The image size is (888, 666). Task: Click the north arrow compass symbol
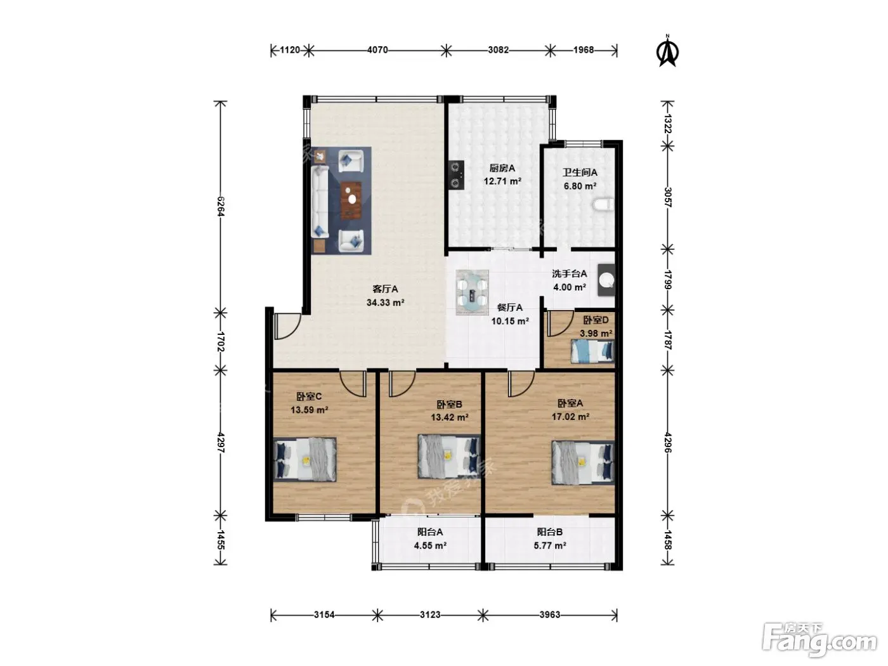[668, 51]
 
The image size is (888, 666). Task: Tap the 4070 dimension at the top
[377, 50]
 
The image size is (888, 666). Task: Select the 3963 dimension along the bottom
[549, 615]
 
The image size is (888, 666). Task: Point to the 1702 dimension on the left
[221, 341]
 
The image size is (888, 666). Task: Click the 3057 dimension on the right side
[667, 197]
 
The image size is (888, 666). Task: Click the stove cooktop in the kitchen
[456, 175]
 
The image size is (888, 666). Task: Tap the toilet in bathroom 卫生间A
[604, 205]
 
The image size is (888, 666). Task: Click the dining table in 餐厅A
[472, 292]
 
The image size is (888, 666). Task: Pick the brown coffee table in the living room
[351, 200]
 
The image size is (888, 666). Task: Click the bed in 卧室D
[592, 351]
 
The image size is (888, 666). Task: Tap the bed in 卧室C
[305, 459]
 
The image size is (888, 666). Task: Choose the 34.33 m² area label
[386, 303]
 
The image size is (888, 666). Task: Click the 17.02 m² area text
[570, 417]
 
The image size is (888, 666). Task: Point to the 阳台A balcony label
[430, 532]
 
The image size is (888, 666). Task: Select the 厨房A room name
[502, 168]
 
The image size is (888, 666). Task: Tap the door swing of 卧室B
[402, 384]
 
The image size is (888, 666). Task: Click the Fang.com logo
[819, 641]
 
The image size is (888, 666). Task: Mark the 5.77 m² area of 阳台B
[550, 545]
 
